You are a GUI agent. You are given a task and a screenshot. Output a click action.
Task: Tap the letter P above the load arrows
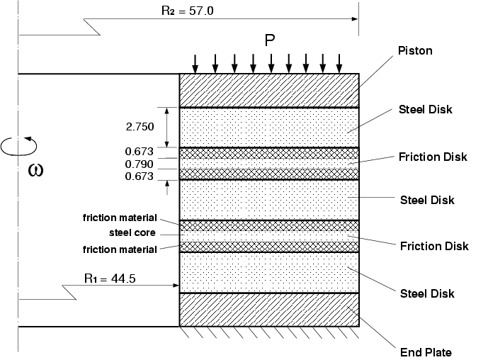(269, 40)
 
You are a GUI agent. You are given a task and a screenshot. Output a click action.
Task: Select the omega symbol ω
(37, 171)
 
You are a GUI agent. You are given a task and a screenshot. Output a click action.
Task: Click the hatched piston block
(269, 90)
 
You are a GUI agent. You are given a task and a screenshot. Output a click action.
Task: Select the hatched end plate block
(269, 310)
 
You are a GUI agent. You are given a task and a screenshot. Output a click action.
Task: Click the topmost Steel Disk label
(425, 110)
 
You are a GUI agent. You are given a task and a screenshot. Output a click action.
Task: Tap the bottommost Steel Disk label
(426, 293)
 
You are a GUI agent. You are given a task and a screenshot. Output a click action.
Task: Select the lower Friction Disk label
(434, 247)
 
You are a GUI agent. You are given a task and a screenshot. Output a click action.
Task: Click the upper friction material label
(119, 218)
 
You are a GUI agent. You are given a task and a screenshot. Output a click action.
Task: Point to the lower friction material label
(119, 249)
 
